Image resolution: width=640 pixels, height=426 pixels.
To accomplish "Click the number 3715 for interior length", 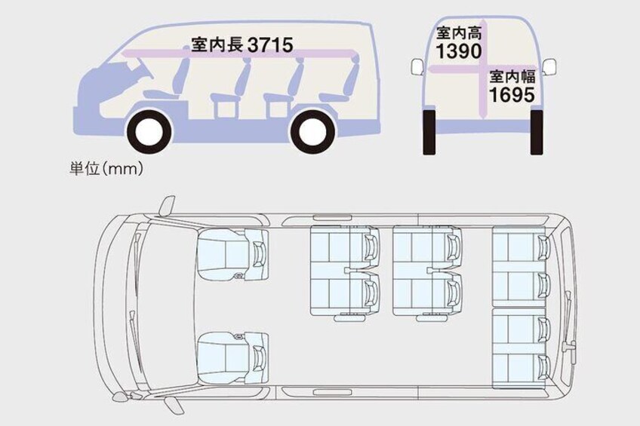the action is tap(270, 44).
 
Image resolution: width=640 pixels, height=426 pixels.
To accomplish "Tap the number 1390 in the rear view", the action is tap(459, 51).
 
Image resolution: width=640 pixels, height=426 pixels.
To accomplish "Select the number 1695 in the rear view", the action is tap(512, 94).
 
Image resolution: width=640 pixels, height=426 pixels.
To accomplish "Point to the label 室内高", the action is tap(459, 33).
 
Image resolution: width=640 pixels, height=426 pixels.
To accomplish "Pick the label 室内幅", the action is tap(512, 77).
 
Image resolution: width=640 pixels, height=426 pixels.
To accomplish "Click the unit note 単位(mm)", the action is tap(106, 168).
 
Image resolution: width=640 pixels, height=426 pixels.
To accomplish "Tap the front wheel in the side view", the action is tap(150, 130).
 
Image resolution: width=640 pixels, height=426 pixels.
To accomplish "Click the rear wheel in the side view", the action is tap(313, 130).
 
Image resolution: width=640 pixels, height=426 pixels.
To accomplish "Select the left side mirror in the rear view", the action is tap(417, 67).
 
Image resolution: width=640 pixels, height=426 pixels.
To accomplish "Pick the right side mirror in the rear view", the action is tap(549, 67).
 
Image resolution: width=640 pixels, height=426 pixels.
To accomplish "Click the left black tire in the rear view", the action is tap(429, 132).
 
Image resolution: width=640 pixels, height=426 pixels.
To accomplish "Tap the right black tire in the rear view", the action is tap(537, 132).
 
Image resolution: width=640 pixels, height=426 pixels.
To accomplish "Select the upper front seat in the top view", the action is tap(232, 255).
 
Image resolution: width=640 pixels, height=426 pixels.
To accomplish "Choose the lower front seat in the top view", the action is tap(232, 358).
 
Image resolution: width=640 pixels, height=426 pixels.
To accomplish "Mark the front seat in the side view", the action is tap(168, 81).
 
